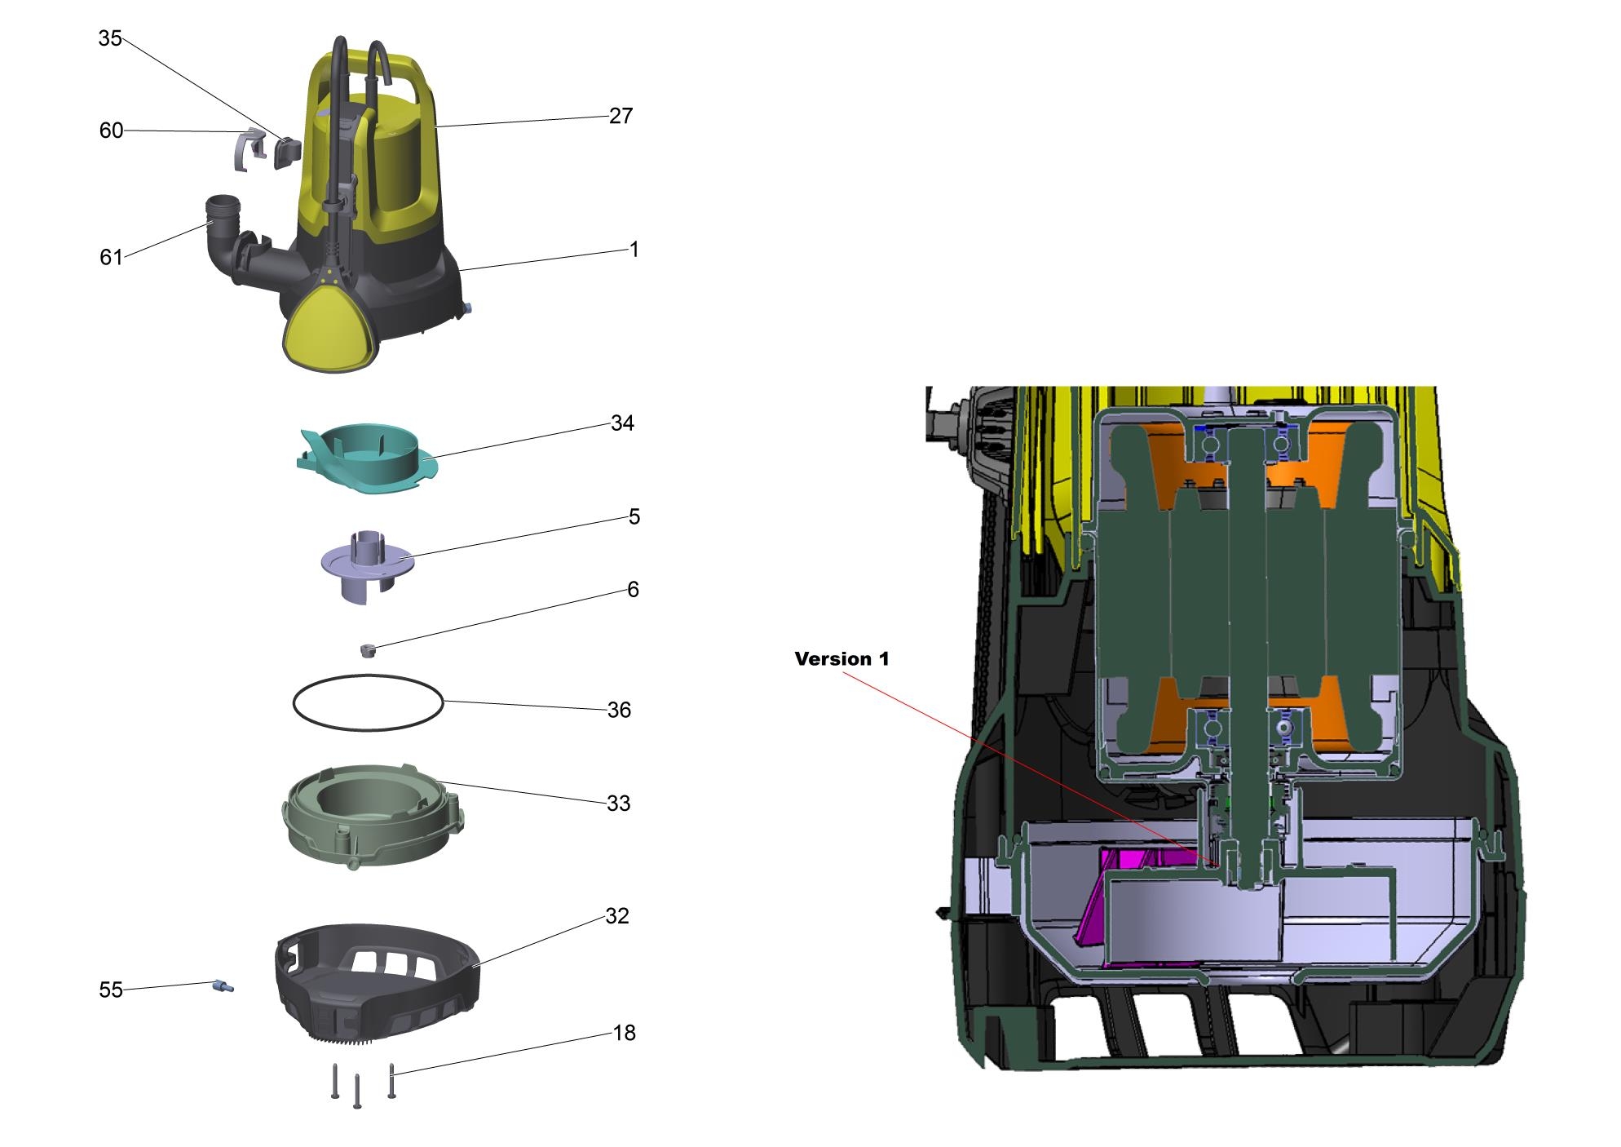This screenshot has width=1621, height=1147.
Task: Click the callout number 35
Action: click(x=110, y=38)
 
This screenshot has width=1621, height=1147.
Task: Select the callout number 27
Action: click(x=621, y=116)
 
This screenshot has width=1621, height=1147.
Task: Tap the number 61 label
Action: click(x=111, y=257)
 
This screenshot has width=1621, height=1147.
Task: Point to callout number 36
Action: click(x=619, y=710)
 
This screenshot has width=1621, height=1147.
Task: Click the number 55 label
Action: click(x=111, y=990)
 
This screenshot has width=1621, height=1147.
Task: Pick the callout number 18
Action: click(x=624, y=1033)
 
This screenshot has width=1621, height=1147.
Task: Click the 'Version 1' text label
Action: click(x=841, y=658)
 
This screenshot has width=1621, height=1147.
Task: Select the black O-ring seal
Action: click(x=369, y=702)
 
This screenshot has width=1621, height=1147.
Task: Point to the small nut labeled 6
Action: click(x=369, y=649)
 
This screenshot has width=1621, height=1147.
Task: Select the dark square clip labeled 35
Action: click(x=287, y=152)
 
